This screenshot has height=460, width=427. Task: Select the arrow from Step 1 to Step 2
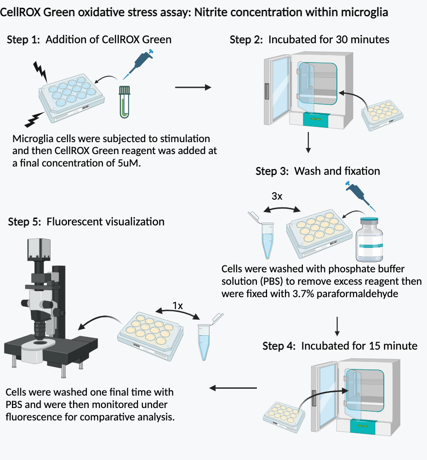pyautogui.click(x=193, y=87)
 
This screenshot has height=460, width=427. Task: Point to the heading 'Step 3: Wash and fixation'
pyautogui.click(x=318, y=172)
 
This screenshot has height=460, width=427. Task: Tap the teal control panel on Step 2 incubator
pyautogui.click(x=315, y=119)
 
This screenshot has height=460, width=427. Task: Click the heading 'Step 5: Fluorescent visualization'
pyautogui.click(x=86, y=222)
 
